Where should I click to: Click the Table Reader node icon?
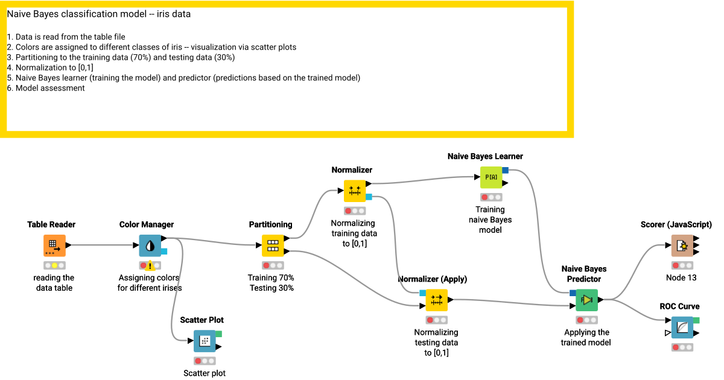54,245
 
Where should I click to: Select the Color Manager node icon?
150,245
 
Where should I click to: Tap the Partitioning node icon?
273,245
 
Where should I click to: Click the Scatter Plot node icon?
205,341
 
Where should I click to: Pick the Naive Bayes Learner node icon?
491,177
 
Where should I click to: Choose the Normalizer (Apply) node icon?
437,300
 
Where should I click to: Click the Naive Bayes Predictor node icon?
586,300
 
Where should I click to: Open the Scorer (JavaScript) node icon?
682,245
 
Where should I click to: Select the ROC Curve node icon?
682,328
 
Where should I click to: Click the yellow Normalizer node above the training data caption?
355,191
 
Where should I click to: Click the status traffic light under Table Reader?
54,265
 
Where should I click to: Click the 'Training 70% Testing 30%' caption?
271,283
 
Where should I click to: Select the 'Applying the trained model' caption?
586,337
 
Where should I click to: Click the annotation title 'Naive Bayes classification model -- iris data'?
99,14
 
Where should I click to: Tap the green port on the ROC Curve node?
696,320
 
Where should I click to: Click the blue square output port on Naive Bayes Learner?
506,171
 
